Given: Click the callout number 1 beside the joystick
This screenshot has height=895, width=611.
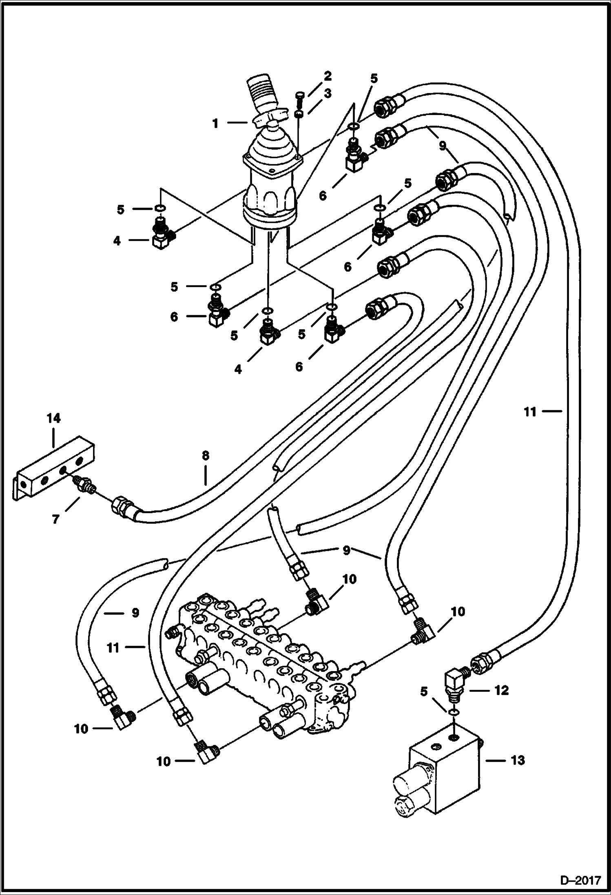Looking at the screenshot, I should coord(215,124).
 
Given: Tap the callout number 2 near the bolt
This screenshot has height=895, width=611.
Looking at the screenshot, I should coord(328,76).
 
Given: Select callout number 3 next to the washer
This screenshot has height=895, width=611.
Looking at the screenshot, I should coord(328,93).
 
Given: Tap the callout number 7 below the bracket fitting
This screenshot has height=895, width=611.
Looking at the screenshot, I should coord(55,519).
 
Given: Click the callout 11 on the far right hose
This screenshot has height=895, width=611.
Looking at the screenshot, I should coord(530,412).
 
